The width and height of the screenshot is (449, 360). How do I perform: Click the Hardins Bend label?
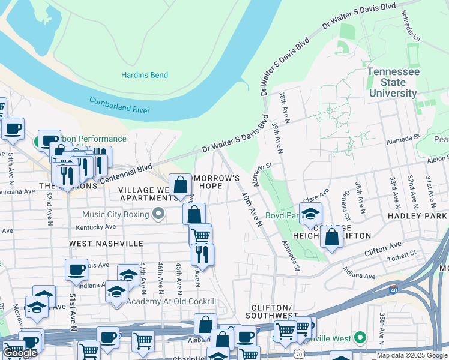pos(145,75)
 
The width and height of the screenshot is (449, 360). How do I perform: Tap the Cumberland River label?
pos(119,106)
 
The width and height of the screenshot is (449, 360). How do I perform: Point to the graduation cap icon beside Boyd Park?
pos(310,214)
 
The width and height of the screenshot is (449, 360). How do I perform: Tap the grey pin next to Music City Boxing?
pos(158,214)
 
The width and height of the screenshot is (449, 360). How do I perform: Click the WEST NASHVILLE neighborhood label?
pos(106,244)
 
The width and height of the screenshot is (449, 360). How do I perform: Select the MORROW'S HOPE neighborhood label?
pos(215,182)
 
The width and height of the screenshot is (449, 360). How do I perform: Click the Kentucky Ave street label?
pos(96,227)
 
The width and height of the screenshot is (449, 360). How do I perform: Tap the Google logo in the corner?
pos(20,353)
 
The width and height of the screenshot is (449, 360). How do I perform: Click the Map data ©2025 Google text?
pos(412,355)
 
